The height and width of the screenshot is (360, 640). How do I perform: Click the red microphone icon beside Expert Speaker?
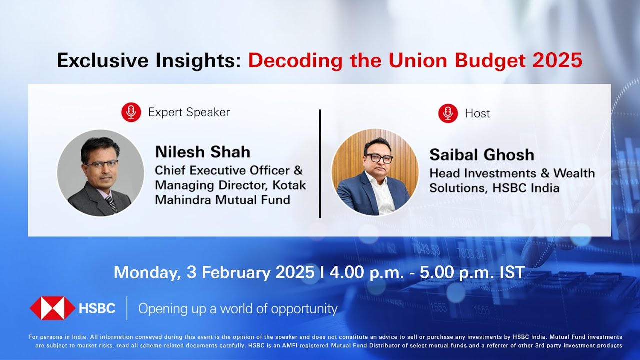131,112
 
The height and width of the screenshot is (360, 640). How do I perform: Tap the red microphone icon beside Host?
448,113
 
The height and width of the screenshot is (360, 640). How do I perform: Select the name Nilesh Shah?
202,152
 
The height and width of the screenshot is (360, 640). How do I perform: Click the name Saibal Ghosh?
482,155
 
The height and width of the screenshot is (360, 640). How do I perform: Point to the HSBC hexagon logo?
52,308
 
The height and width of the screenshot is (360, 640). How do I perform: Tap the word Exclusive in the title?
100,61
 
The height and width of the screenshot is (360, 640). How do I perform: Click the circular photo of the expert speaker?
100,173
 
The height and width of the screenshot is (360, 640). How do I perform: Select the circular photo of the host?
375,172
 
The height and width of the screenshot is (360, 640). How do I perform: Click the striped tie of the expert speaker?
111,203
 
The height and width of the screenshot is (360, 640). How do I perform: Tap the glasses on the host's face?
379,158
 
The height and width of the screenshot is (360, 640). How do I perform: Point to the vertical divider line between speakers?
320,163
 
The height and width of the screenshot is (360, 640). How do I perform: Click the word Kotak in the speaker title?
289,185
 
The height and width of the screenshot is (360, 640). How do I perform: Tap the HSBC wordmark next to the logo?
97,309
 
